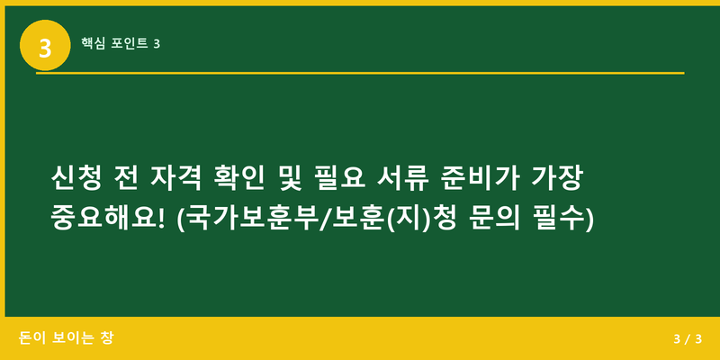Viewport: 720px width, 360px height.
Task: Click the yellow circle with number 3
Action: (x=45, y=45)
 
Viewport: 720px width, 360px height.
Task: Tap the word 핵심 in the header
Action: (x=94, y=43)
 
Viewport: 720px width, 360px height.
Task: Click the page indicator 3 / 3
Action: (x=687, y=339)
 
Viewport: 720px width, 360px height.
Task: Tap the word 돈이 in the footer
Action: (x=32, y=338)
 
